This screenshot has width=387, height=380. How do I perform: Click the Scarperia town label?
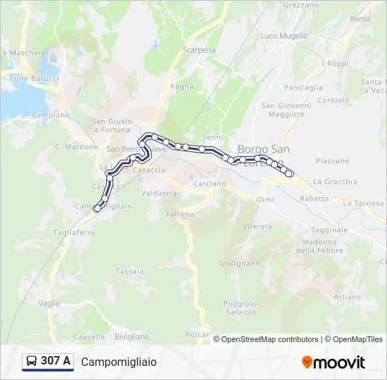[x=199, y=50]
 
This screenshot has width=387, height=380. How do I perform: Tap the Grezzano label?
[x=300, y=4]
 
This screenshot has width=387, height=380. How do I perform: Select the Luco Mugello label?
[x=284, y=35]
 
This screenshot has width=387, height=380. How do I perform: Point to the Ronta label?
[x=360, y=19]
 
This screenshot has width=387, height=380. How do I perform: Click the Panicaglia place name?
[x=303, y=87]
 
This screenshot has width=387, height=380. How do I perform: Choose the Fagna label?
[x=182, y=87]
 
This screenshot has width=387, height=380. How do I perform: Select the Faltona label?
[x=180, y=214]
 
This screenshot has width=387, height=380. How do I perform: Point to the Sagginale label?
[x=329, y=229]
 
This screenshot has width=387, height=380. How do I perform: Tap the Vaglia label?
[x=49, y=303]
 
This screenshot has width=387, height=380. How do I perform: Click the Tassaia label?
[x=129, y=271]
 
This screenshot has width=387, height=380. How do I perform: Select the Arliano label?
[x=348, y=297]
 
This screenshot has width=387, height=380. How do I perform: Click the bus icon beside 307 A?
[x=32, y=362]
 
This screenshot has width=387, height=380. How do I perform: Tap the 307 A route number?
[x=56, y=362]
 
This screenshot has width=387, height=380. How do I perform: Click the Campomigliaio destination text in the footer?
[x=119, y=362]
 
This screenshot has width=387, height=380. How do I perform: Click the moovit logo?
[x=334, y=362]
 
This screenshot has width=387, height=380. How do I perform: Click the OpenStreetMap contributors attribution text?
[x=270, y=339]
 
